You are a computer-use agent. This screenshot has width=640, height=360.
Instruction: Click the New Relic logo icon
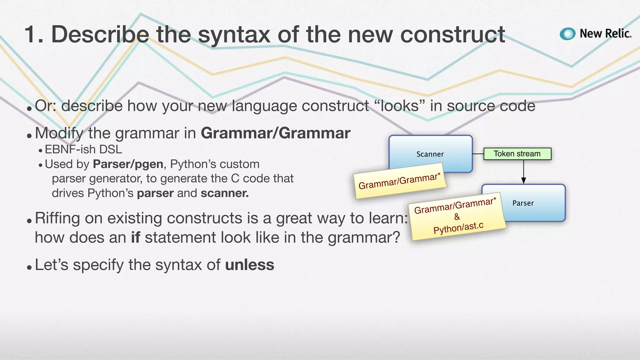pyautogui.click(x=567, y=34)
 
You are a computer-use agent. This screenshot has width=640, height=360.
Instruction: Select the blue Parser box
pyautogui.click(x=534, y=203)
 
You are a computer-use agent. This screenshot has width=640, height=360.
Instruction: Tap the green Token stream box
pyautogui.click(x=517, y=154)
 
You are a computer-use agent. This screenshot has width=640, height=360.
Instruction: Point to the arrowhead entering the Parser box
pyautogui.click(x=523, y=181)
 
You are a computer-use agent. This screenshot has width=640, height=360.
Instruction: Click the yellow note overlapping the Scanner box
pyautogui.click(x=400, y=181)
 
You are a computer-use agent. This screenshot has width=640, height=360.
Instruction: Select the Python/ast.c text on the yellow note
pyautogui.click(x=458, y=228)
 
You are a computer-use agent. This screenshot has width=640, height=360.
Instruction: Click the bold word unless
pyautogui.click(x=249, y=265)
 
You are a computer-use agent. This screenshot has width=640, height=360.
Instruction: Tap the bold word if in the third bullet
pyautogui.click(x=135, y=237)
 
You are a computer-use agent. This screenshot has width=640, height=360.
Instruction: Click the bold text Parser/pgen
pyautogui.click(x=128, y=164)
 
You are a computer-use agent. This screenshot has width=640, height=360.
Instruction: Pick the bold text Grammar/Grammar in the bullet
pyautogui.click(x=275, y=133)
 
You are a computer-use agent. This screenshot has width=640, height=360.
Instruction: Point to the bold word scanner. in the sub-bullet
pyautogui.click(x=224, y=193)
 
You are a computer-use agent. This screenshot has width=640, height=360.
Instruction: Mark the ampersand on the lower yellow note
pyautogui.click(x=457, y=217)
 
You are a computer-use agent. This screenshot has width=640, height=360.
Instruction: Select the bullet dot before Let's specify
pyautogui.click(x=29, y=267)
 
